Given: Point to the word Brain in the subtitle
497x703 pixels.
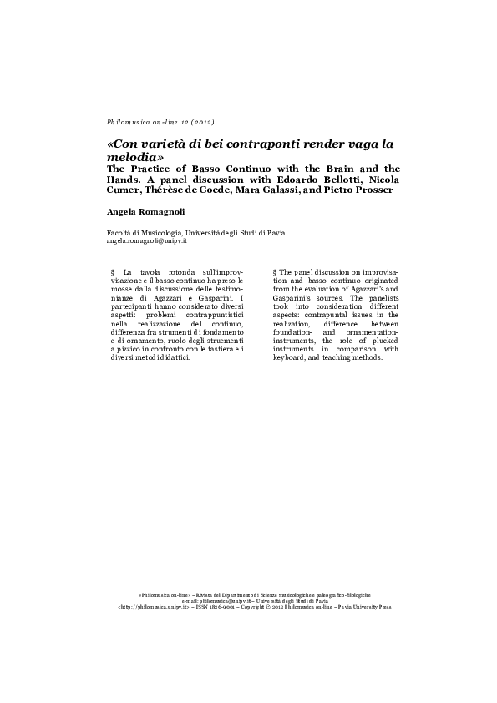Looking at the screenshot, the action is [x=332, y=169].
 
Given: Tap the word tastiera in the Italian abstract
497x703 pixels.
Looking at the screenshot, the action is [x=217, y=349].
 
